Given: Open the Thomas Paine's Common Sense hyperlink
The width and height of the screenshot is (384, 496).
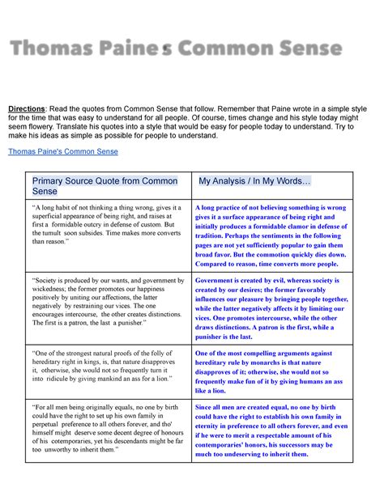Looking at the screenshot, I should coord(62,151).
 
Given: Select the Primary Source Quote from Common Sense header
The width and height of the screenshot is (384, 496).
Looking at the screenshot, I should coord(96,186).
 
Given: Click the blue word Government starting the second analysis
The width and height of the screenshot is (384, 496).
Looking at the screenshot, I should coord(218,279).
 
